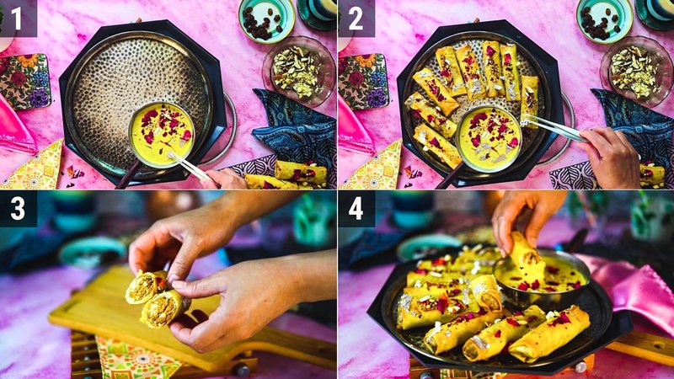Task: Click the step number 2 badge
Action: click(355, 18)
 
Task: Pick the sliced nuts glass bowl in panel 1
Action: click(297, 72)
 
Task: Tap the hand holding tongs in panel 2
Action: click(611, 156)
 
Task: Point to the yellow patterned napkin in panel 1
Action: click(34, 168)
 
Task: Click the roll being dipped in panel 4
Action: click(527, 257)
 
